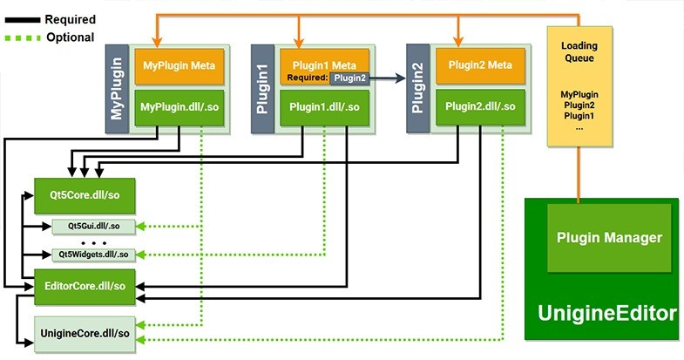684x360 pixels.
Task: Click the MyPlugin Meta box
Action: click(x=179, y=65)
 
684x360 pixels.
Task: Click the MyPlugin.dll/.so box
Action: click(x=179, y=107)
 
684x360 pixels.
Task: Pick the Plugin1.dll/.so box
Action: click(x=324, y=107)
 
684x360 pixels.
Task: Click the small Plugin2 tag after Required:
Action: click(x=349, y=78)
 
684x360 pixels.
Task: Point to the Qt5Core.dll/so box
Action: click(x=85, y=193)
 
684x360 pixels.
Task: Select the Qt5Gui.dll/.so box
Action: click(x=91, y=226)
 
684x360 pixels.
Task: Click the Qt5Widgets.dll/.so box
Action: click(x=92, y=255)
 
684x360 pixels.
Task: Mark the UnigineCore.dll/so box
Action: click(x=85, y=333)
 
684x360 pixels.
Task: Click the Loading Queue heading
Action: click(x=578, y=51)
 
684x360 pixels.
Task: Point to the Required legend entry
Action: click(x=70, y=19)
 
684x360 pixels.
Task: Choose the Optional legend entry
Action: click(x=70, y=38)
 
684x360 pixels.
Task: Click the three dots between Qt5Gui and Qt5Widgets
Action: click(x=92, y=241)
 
